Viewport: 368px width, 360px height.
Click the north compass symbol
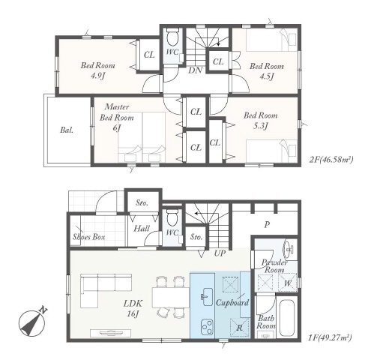click(x=32, y=323)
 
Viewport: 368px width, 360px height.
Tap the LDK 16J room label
click(x=133, y=308)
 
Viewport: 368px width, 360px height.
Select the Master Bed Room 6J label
click(x=117, y=117)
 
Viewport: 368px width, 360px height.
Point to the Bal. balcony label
click(x=67, y=130)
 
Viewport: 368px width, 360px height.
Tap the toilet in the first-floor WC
click(x=172, y=217)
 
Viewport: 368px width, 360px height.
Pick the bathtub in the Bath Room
click(x=287, y=318)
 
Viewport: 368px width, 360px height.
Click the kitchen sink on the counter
click(x=207, y=297)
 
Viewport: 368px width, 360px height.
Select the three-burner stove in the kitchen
click(x=207, y=328)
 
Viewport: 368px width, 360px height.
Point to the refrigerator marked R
click(x=239, y=328)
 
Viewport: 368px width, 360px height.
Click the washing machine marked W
click(x=288, y=283)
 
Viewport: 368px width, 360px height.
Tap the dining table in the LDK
click(x=171, y=297)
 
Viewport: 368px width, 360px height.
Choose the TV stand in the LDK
click(x=111, y=333)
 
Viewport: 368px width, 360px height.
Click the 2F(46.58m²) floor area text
click(x=331, y=160)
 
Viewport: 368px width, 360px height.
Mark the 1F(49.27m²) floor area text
click(x=330, y=338)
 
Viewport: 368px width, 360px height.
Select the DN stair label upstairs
click(x=195, y=70)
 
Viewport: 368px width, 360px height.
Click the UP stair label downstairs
click(x=220, y=253)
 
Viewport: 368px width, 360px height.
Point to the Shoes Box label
click(x=88, y=237)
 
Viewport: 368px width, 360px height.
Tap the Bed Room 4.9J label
click(x=97, y=70)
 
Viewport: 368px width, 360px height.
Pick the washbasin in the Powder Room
click(x=289, y=248)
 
